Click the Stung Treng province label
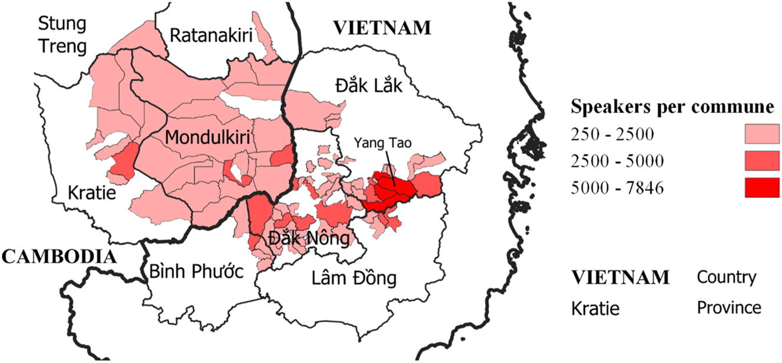tap(62, 35)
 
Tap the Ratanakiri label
tap(211, 35)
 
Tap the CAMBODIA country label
tap(58, 256)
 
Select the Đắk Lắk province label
tap(369, 86)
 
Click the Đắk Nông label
tap(309, 239)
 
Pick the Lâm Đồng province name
tap(353, 278)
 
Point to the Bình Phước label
tap(197, 272)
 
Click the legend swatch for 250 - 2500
tap(761, 134)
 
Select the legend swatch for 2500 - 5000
tap(761, 161)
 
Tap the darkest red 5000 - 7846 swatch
tap(761, 188)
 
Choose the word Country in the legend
tap(727, 277)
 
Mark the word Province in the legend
tap(729, 308)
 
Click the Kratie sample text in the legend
tap(595, 308)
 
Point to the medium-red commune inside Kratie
tap(123, 161)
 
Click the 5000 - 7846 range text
tap(617, 189)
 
